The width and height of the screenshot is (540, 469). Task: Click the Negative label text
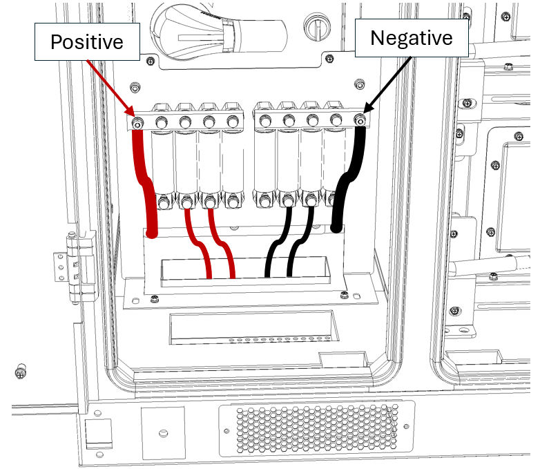click(412, 37)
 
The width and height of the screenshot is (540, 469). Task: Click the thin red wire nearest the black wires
click(224, 245)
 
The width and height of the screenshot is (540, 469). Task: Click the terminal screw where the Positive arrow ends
click(138, 124)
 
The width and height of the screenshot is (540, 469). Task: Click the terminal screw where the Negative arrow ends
click(360, 122)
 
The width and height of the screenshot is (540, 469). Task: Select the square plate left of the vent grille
click(163, 433)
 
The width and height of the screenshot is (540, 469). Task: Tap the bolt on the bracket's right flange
click(343, 295)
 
